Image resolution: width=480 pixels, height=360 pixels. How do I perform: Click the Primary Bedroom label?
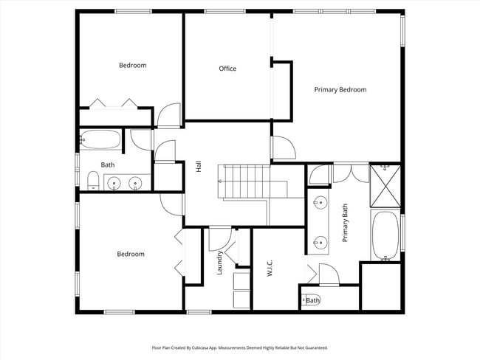coord(340,90)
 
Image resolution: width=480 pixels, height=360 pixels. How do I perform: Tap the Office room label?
coord(227,69)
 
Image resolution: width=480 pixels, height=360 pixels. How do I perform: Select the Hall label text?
coord(199,167)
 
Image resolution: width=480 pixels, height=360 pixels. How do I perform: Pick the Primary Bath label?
coord(345,223)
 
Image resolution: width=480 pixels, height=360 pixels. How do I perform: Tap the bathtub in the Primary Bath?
coord(384,235)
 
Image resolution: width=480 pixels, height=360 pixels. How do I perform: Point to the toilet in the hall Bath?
coord(93,180)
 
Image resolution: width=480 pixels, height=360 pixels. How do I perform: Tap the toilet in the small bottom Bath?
coord(306,300)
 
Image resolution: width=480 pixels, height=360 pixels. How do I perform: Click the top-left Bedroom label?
coord(133,65)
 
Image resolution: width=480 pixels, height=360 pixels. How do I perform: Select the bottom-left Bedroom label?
coord(131,255)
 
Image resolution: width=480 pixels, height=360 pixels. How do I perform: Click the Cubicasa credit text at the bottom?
coord(239,347)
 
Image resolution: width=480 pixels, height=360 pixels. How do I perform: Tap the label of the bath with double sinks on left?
coord(108,165)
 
